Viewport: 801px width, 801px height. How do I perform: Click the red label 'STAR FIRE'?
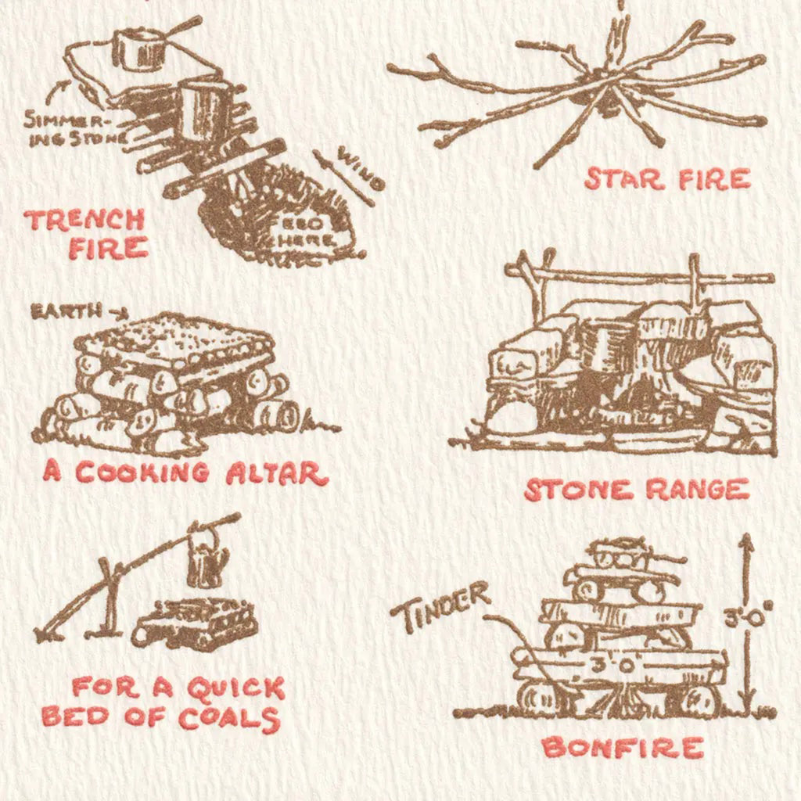click(667, 179)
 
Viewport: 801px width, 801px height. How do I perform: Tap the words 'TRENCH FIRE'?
click(86, 233)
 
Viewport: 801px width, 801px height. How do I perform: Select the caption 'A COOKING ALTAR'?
click(185, 472)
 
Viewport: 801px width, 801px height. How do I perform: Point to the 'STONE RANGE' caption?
click(636, 490)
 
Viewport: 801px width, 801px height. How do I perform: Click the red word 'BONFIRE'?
click(623, 748)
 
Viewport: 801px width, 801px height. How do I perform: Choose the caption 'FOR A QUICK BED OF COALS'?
click(163, 703)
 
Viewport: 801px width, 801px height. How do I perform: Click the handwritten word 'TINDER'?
click(440, 606)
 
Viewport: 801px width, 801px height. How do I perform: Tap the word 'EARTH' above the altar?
click(66, 311)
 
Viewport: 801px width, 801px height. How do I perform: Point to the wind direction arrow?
click(343, 178)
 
